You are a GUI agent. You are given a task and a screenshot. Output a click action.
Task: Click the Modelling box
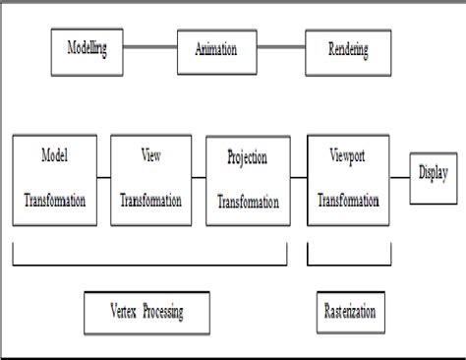coord(87,50)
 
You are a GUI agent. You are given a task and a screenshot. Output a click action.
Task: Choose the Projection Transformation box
coord(245,179)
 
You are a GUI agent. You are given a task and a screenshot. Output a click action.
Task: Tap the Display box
coord(432,177)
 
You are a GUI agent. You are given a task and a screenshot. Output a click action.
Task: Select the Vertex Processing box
coord(146,312)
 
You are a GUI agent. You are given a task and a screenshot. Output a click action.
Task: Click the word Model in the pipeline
coord(54,155)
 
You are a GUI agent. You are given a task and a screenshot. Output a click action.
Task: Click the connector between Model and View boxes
coord(104,177)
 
